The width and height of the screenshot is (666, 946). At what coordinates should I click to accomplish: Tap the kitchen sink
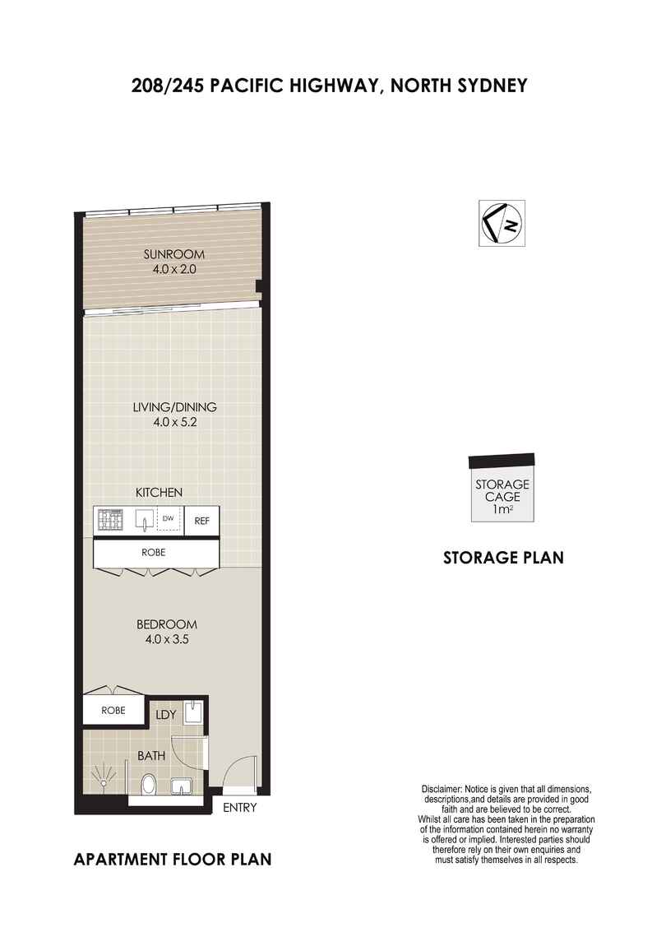pos(145,521)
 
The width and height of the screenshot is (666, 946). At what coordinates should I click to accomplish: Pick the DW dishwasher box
pos(169,519)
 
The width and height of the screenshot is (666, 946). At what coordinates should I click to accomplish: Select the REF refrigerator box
pos(201,521)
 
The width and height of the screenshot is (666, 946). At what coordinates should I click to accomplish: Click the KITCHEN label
pos(159,493)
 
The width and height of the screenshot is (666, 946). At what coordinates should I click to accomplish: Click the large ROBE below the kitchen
pos(155,553)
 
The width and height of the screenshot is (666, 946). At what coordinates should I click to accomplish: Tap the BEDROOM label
pos(169,624)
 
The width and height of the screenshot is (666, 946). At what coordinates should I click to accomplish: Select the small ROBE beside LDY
pos(113,710)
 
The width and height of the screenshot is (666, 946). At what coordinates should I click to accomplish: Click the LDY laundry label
pos(166,716)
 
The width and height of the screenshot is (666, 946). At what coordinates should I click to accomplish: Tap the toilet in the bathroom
pos(150,784)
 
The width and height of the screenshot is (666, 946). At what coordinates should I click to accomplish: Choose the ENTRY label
pos(240,808)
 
